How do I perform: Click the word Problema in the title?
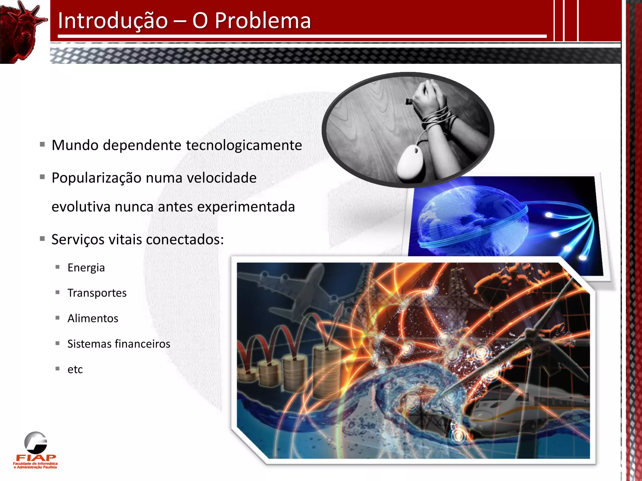click(x=263, y=21)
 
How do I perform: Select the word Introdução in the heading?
click(x=113, y=21)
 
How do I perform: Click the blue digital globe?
click(x=470, y=219)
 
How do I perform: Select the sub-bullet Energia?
click(x=86, y=268)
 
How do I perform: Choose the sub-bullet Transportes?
click(x=97, y=293)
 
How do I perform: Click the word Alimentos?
click(x=93, y=318)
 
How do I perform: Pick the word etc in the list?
click(x=75, y=370)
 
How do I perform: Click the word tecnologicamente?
click(x=244, y=145)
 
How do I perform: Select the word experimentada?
click(x=246, y=207)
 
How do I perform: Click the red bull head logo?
click(x=22, y=31)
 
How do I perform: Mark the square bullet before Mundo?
click(x=42, y=145)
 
